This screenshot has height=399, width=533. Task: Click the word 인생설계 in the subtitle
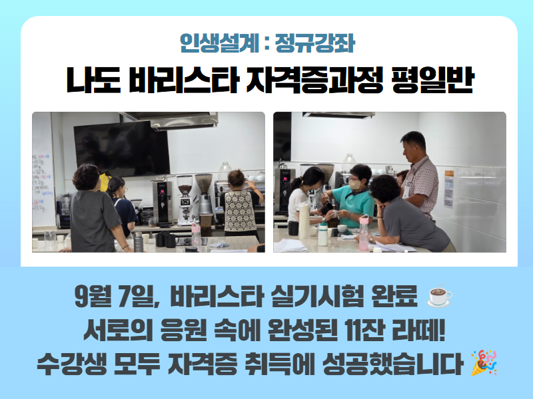(220, 43)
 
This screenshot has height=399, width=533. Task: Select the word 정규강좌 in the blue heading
(314, 43)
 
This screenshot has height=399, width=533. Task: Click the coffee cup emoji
(440, 296)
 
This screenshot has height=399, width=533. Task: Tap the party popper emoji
(484, 362)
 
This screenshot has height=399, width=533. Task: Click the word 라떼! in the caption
(418, 331)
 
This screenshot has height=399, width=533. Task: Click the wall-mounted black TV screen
(122, 149)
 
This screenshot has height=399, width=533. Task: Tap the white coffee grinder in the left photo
(185, 200)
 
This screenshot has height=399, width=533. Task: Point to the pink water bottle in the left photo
(196, 235)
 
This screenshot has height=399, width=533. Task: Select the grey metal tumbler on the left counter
(138, 241)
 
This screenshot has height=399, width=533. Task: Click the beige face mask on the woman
(356, 184)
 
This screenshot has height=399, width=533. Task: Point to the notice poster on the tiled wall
(448, 189)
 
